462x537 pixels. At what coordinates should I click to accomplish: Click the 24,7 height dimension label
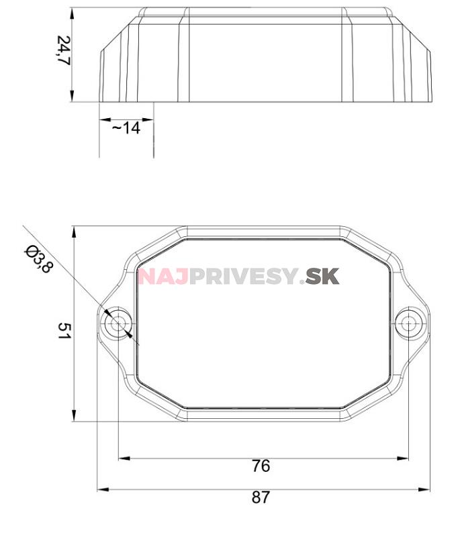coord(63,50)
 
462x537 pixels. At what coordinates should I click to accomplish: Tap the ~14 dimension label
coord(126,128)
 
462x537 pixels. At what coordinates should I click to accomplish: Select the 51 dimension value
coord(63,331)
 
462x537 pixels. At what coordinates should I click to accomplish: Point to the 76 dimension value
coord(261,466)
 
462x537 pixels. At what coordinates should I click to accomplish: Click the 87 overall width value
coord(261,497)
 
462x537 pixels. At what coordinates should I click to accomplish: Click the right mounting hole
coord(408,324)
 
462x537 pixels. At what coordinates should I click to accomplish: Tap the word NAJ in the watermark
coord(163,277)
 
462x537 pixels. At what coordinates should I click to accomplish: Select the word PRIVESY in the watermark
coord(244,277)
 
